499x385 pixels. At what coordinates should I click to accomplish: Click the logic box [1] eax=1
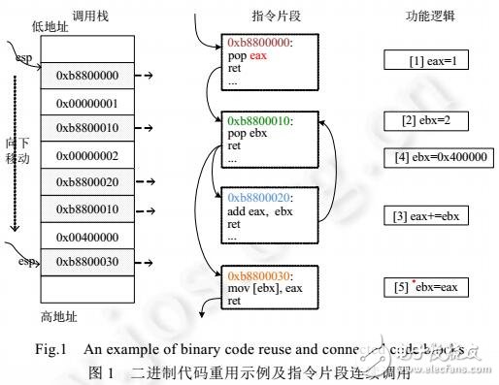tap(418, 60)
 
